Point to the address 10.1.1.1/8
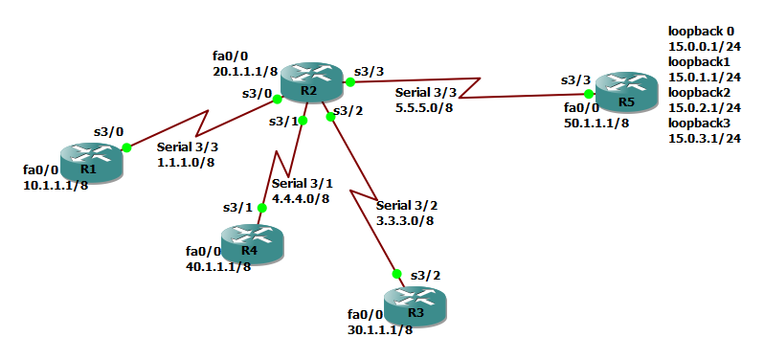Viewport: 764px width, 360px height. pos(56,185)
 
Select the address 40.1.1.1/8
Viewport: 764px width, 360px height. pos(218,266)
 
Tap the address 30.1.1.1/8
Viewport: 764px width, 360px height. pos(380,329)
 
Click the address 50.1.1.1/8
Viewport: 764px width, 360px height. pos(596,123)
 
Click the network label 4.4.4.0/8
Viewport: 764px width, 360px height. pos(301,198)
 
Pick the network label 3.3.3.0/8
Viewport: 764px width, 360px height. pos(405,220)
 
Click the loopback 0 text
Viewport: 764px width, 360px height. pos(701,32)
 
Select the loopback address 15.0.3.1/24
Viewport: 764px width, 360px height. pos(705,139)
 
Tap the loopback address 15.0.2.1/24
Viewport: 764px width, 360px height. pos(705,108)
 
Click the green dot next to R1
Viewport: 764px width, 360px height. pos(126,147)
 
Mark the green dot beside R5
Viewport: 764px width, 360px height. pos(589,94)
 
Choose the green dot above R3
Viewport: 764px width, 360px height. pos(394,274)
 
